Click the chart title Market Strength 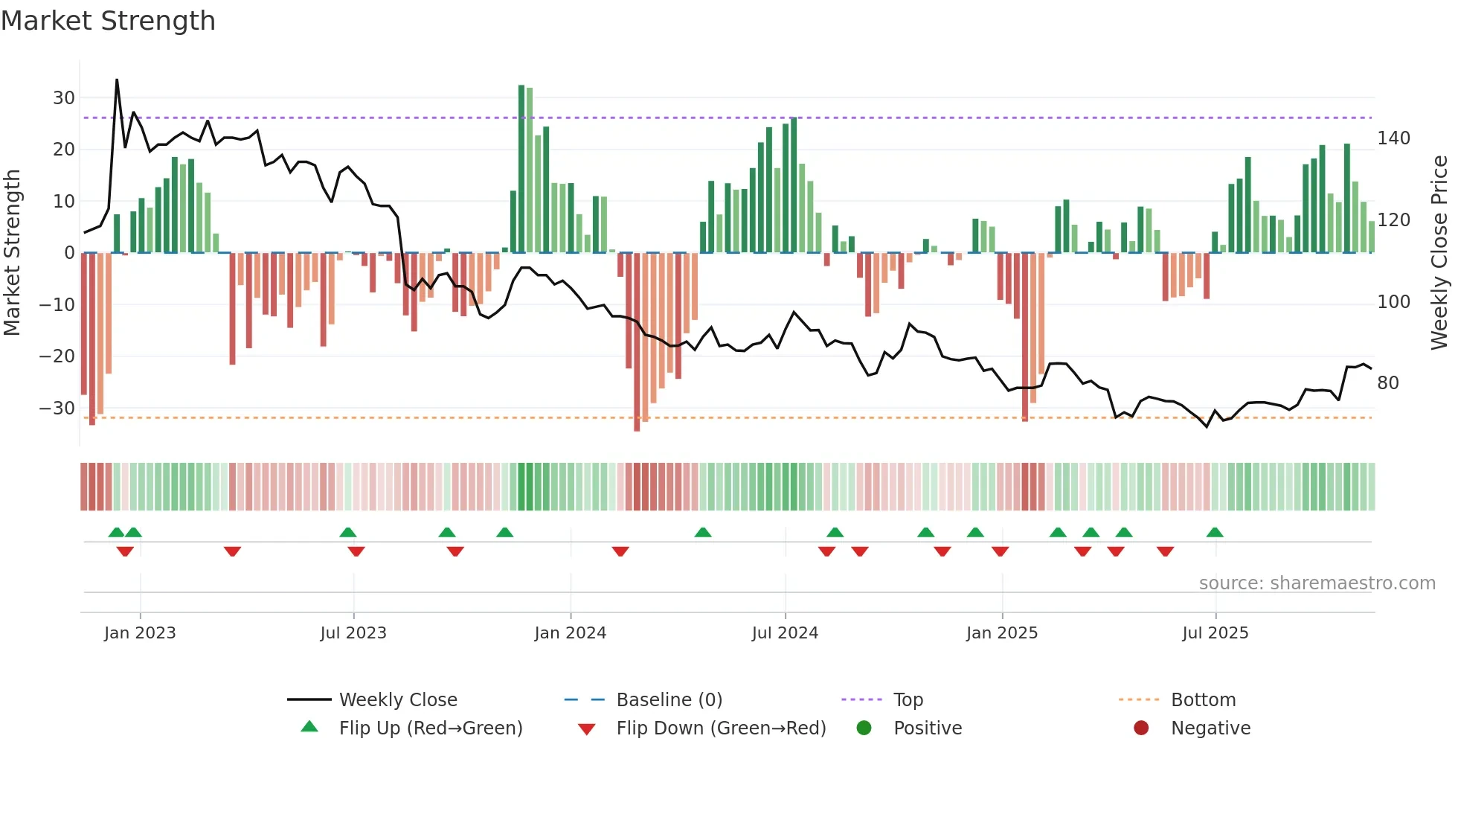pos(108,21)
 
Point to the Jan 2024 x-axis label pos(570,633)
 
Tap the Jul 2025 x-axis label pos(1215,633)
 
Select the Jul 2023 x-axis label pos(353,633)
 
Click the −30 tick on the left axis pos(57,409)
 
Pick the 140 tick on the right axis pos(1393,138)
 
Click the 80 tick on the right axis pos(1388,383)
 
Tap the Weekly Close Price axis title pos(1439,253)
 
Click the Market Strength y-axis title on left pos(13,253)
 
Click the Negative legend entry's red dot pos(1141,728)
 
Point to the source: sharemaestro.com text pos(1317,583)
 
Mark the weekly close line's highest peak pos(117,80)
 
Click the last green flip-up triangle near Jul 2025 pos(1215,533)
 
